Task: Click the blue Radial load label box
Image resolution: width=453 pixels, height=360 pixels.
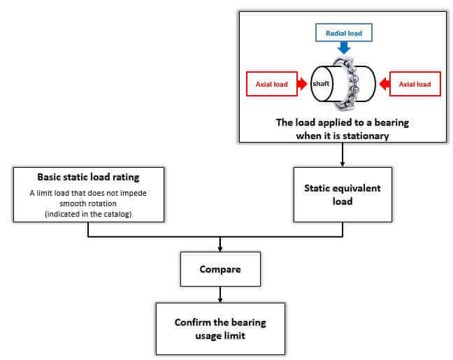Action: click(343, 33)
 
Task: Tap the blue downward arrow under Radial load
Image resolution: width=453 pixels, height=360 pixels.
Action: click(344, 48)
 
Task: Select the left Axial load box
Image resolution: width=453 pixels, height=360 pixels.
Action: click(272, 84)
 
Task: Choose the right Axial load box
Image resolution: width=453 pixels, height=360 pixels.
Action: click(415, 84)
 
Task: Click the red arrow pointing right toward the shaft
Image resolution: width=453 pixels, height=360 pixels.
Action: click(302, 84)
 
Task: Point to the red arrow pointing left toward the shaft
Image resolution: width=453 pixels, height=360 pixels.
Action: click(384, 84)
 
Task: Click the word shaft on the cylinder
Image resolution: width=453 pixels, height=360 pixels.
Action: click(321, 83)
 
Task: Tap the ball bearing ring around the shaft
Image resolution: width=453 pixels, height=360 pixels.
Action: click(347, 84)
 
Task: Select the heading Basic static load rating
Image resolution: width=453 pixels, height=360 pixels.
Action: click(88, 177)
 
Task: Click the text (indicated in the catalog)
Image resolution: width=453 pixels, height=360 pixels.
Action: click(88, 214)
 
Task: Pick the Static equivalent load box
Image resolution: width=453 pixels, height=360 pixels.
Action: click(343, 194)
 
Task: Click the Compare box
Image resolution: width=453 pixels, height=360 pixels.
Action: click(220, 269)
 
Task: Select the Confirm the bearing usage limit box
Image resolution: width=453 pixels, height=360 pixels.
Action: click(220, 329)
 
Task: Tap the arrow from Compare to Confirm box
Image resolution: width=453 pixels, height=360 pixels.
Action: click(220, 294)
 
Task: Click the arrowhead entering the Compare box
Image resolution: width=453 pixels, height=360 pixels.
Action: click(220, 249)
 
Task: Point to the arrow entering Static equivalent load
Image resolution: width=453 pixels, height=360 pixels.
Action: click(343, 154)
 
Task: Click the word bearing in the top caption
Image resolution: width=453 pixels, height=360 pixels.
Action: click(391, 122)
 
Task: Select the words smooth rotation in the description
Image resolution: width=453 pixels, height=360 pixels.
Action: click(88, 203)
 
